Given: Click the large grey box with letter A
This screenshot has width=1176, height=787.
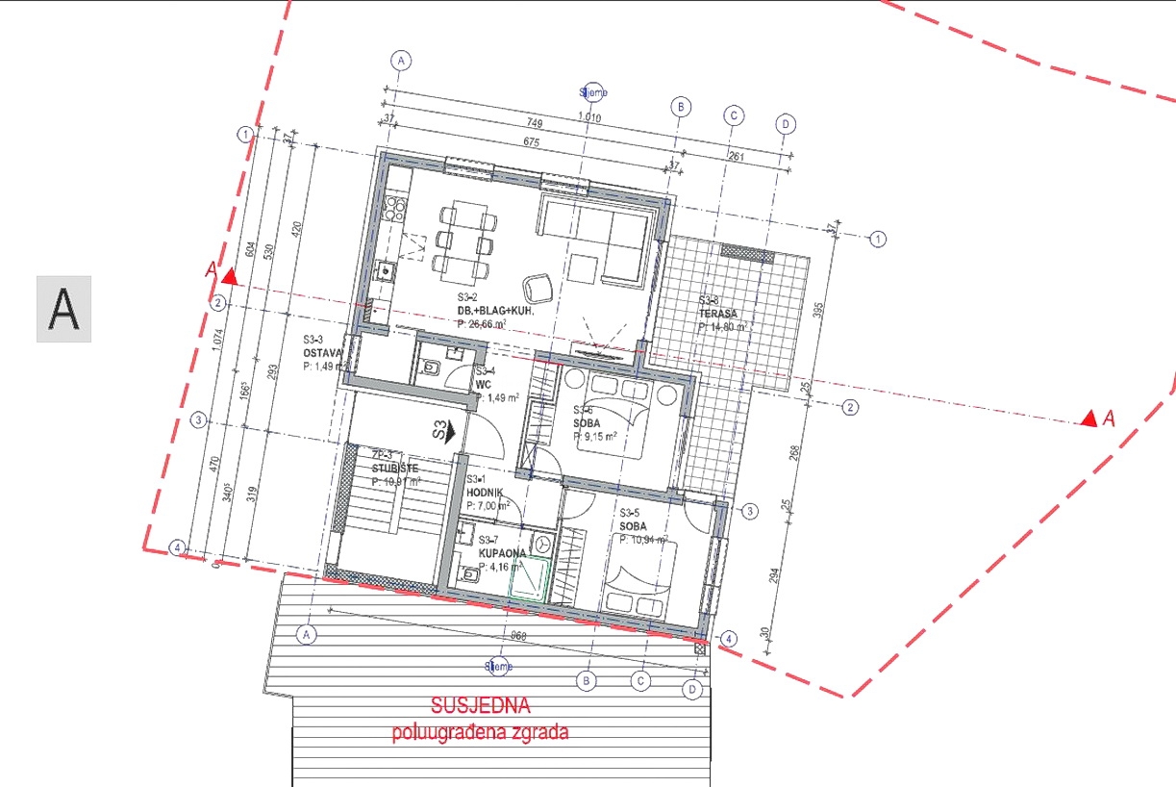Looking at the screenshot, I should point(63,309).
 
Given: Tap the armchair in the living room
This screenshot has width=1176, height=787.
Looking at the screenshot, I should point(536,287).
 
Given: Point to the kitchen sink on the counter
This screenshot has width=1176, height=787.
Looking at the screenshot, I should point(386,271).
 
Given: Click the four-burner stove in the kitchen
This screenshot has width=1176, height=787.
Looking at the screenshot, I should point(393,205).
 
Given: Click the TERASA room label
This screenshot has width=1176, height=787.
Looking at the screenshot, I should point(718,314).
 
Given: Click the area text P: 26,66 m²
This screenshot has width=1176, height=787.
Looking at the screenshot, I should point(494,325).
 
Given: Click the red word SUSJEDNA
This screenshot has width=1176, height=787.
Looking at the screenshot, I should point(479,707).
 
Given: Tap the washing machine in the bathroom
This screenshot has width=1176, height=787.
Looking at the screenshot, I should point(542,542).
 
